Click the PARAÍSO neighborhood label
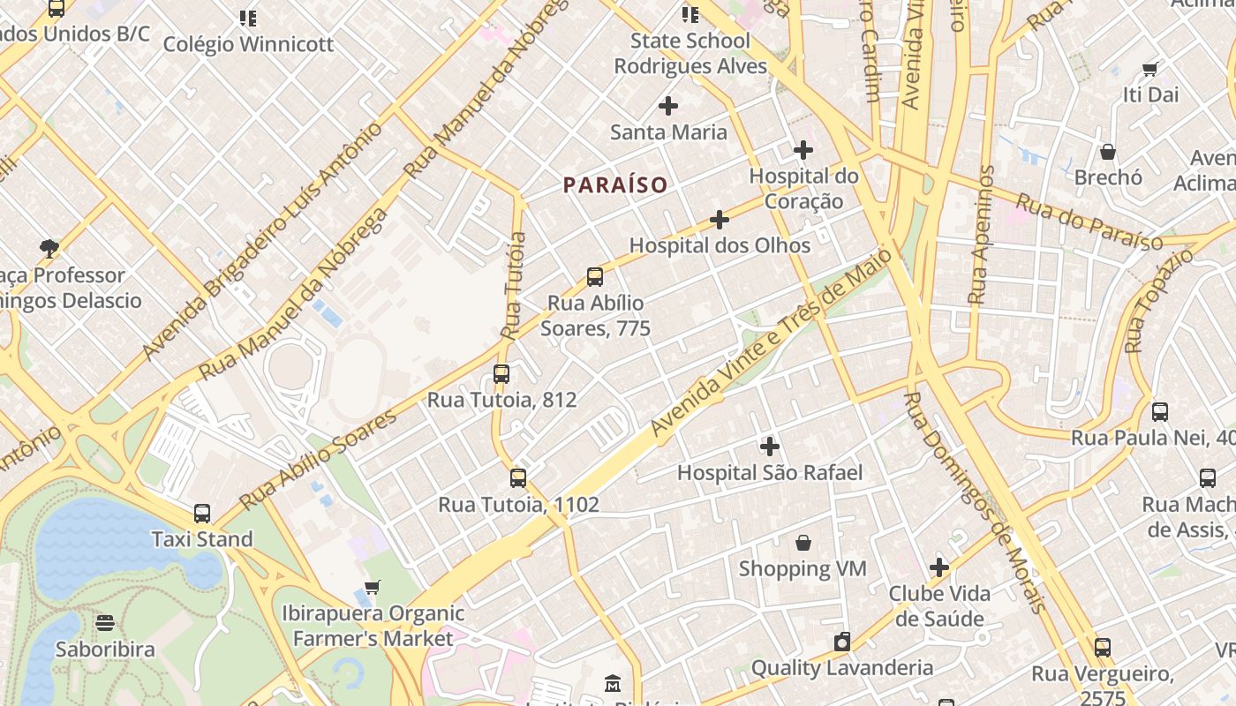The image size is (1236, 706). coord(615,185)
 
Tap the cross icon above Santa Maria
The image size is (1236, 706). coord(668,107)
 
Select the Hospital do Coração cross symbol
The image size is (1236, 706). coord(803,150)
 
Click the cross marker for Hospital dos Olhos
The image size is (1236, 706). coord(720,220)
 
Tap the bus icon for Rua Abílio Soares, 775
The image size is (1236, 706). coord(595,277)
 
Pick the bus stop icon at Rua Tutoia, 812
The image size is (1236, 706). coord(501,374)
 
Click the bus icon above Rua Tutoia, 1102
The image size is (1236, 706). coord(518,478)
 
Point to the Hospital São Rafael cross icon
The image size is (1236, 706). coord(770,447)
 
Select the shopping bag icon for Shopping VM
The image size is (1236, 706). coord(803,543)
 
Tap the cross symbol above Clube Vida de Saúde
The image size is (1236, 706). coord(939,567)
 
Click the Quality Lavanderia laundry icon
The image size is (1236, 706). coord(842,642)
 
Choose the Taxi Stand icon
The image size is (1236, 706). coord(202,514)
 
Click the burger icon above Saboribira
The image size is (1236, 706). coord(105,624)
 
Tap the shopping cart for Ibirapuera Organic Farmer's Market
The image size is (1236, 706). coord(373,587)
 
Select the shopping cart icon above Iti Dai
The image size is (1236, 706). coord(1149,69)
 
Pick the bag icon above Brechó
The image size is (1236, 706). coord(1108,152)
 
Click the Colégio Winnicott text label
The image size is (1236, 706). coord(248,44)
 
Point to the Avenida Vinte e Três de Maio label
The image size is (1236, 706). coord(772,341)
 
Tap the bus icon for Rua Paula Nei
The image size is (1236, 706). coord(1160,412)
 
